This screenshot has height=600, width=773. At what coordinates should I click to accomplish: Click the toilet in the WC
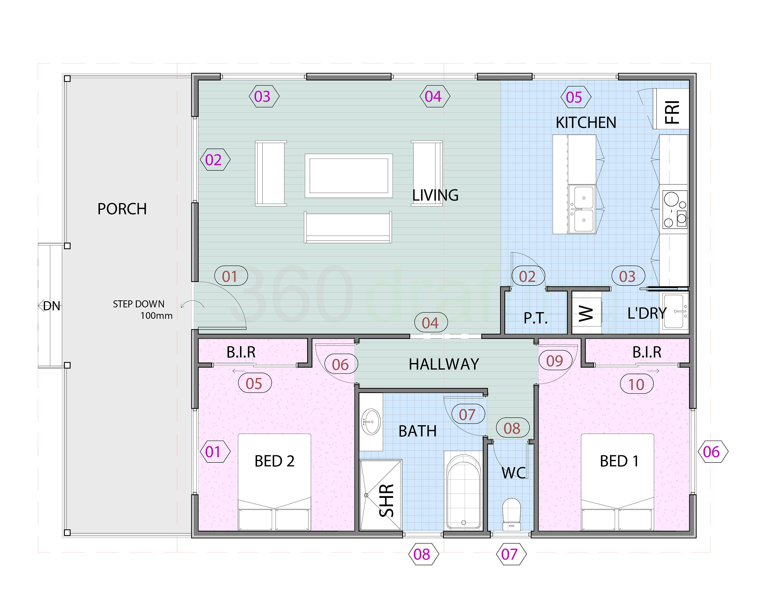pyautogui.click(x=511, y=514)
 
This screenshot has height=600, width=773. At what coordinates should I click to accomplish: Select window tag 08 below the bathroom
pyautogui.click(x=423, y=554)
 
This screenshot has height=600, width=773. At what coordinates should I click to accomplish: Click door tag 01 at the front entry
pyautogui.click(x=230, y=276)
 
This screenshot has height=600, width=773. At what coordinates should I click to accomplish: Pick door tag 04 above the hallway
pyautogui.click(x=431, y=323)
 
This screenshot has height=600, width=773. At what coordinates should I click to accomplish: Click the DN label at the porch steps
pyautogui.click(x=52, y=306)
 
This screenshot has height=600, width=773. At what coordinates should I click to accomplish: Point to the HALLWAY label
pyautogui.click(x=444, y=364)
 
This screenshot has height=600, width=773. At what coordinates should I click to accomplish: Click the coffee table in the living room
pyautogui.click(x=349, y=175)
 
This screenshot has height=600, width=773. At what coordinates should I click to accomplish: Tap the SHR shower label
pyautogui.click(x=386, y=500)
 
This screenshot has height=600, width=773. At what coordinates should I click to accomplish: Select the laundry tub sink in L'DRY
pyautogui.click(x=675, y=312)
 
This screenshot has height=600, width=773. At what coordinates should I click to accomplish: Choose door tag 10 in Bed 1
pyautogui.click(x=636, y=384)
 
